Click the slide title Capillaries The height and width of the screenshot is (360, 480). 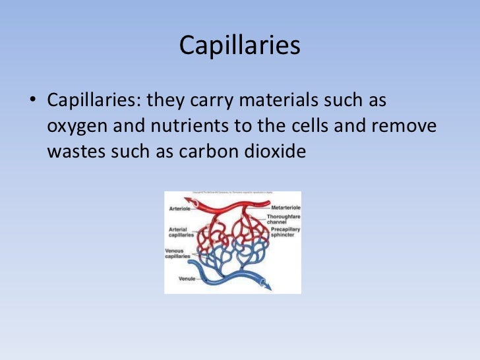[239, 45]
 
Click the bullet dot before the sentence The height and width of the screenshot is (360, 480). [32, 103]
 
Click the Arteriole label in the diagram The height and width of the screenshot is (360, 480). [179, 208]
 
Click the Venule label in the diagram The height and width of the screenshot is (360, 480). [187, 278]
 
